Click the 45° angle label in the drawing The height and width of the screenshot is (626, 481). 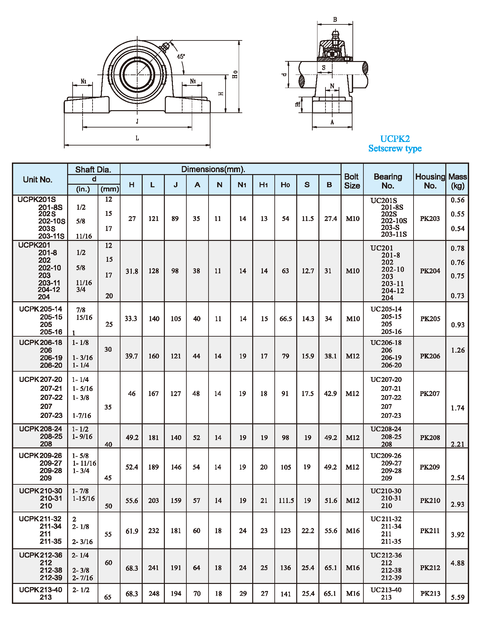(x=181, y=57)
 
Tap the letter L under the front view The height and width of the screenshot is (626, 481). (x=137, y=138)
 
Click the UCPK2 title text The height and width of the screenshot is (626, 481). (x=395, y=139)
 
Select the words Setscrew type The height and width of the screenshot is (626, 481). (x=395, y=148)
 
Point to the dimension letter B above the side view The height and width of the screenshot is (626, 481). (x=335, y=20)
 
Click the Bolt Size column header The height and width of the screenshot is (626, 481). (x=352, y=181)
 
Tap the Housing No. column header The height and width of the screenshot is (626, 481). (x=430, y=181)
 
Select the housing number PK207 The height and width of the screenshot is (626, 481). (x=429, y=393)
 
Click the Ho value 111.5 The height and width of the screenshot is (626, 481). (x=286, y=500)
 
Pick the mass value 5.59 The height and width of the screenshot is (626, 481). (x=458, y=597)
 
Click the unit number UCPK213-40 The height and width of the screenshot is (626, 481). (x=40, y=590)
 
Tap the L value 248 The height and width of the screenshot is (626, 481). (x=154, y=594)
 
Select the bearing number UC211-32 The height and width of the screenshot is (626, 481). (x=386, y=519)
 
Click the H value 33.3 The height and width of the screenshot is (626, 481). (x=131, y=319)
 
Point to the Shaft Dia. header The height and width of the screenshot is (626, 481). (x=93, y=170)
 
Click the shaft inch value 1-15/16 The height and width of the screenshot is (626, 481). (x=84, y=498)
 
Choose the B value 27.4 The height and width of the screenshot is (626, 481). (x=330, y=219)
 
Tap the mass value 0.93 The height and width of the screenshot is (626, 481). (x=458, y=325)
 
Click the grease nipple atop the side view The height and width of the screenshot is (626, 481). (x=335, y=34)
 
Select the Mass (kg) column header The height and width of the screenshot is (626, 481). (x=458, y=181)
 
